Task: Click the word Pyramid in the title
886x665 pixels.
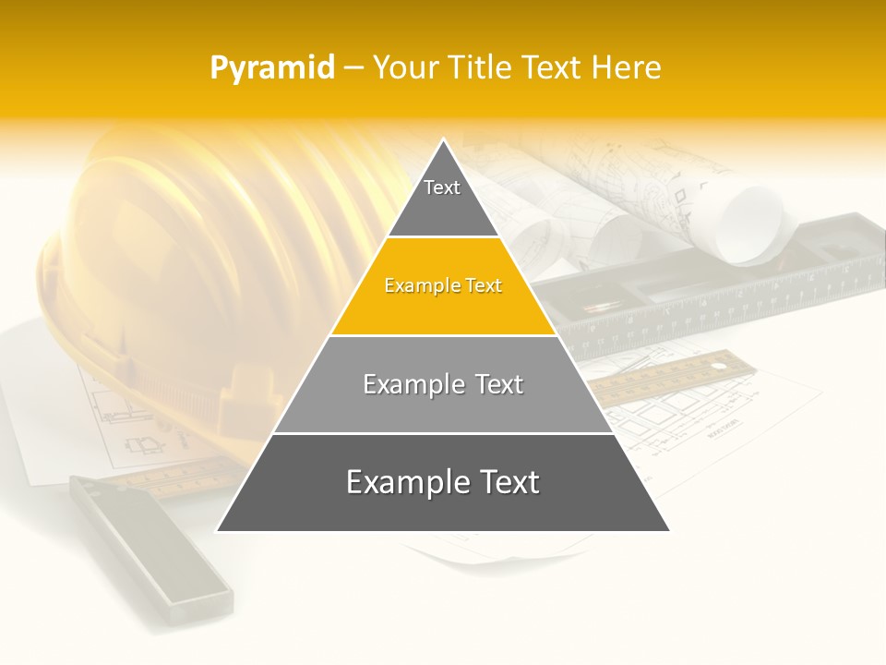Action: [271, 68]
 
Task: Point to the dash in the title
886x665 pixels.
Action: [353, 68]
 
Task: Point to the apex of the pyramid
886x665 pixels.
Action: [443, 141]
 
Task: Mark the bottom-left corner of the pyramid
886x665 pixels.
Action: [218, 530]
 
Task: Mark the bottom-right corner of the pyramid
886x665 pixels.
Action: [668, 530]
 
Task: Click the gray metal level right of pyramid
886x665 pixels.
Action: [738, 296]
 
